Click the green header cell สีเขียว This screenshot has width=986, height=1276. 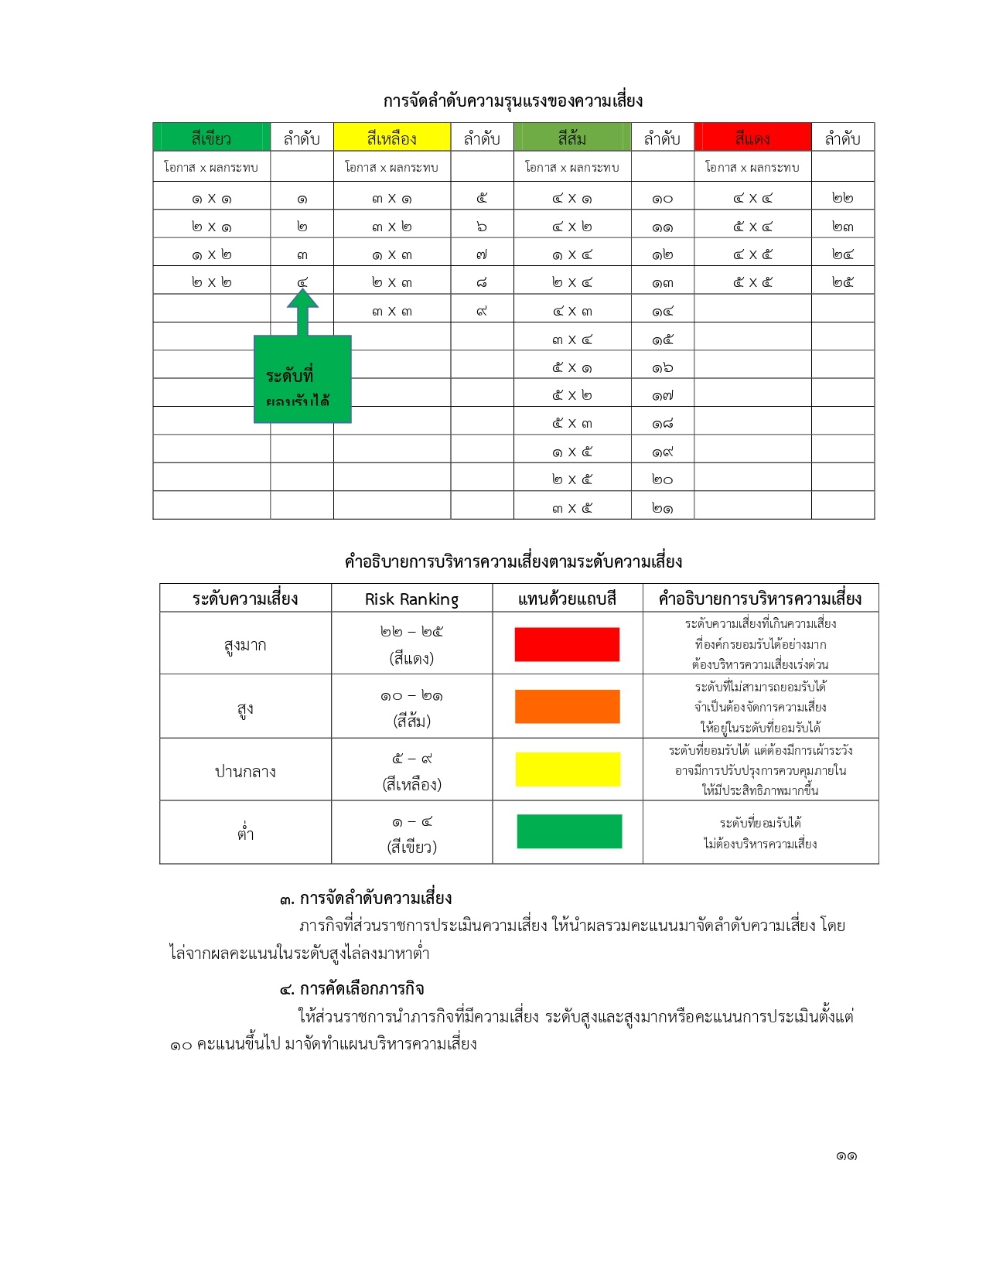tap(211, 138)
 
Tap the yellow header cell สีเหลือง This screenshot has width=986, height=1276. tap(391, 138)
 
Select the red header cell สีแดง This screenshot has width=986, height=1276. tap(752, 138)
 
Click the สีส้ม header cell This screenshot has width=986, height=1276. tap(572, 138)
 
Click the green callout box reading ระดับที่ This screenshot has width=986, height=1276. tap(302, 379)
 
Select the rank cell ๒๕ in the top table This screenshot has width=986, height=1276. tap(842, 282)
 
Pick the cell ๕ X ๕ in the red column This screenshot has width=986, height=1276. tap(752, 282)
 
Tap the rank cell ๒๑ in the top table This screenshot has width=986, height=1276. tap(662, 508)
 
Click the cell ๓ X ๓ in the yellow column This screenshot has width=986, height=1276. tap(391, 311)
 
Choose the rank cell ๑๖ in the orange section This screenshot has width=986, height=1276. tap(662, 367)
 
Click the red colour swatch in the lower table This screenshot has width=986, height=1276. tap(567, 644)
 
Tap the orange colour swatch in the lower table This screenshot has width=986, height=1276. tap(567, 706)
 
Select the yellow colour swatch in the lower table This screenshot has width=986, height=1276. tap(567, 769)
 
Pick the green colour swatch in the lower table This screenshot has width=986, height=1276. tap(568, 831)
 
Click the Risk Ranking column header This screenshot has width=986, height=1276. tap(411, 599)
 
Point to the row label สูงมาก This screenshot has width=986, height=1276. tap(245, 644)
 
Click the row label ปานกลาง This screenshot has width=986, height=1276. tap(245, 771)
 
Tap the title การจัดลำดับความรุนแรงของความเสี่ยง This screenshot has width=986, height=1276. tap(513, 101)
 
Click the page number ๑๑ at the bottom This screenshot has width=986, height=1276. tap(846, 1156)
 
